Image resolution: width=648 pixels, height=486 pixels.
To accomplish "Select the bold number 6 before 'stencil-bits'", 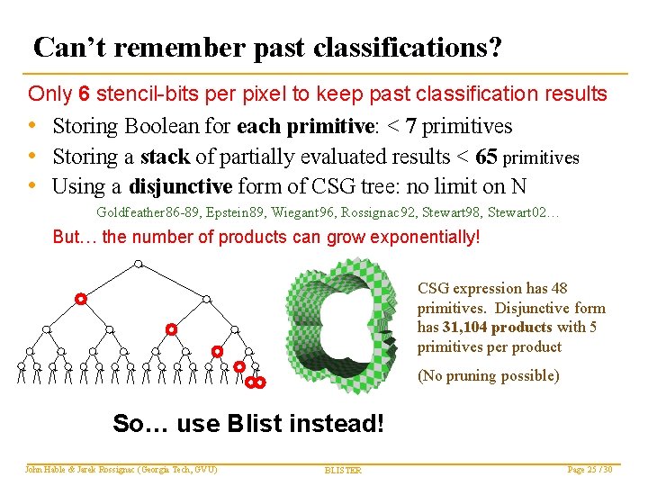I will pyautogui.click(x=84, y=94).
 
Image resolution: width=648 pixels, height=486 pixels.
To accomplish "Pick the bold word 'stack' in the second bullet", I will pyautogui.click(x=164, y=157).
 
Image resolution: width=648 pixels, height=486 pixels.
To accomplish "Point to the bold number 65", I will pyautogui.click(x=486, y=157).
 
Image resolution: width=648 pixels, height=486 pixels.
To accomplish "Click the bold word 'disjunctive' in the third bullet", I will pyautogui.click(x=181, y=187).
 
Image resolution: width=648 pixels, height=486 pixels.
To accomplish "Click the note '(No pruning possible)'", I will pyautogui.click(x=488, y=376).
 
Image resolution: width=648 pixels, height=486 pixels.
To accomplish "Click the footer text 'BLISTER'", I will pyautogui.click(x=342, y=470).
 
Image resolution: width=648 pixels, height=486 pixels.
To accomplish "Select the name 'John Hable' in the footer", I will pyautogui.click(x=45, y=469).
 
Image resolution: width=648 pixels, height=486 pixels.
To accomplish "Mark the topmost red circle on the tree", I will pyautogui.click(x=80, y=298).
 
